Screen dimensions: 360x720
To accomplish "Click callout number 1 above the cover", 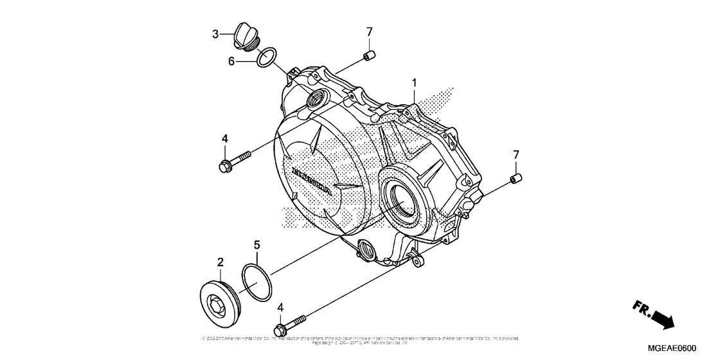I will [415, 83].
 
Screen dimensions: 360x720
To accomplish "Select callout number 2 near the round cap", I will [220, 262].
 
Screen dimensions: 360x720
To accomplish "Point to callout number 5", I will [256, 244].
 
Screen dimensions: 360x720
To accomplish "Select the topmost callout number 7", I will [370, 32].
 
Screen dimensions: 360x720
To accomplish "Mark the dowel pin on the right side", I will [516, 178].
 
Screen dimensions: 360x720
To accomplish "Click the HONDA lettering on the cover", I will [312, 181].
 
